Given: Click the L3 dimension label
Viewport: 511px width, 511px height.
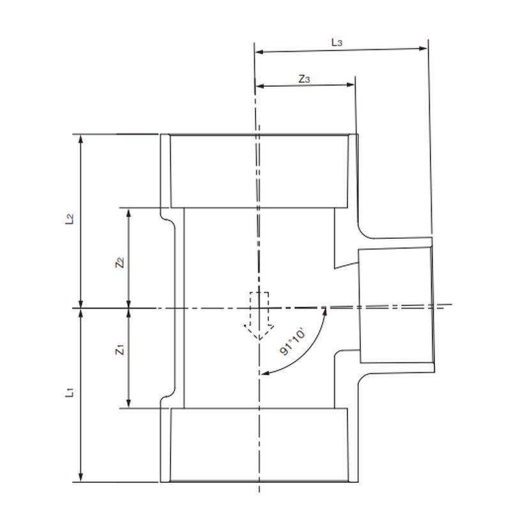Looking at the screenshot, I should pos(337,42).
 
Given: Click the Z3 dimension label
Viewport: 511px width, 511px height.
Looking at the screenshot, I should pos(305,79).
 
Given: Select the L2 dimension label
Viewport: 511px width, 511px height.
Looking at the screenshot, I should pos(71,220).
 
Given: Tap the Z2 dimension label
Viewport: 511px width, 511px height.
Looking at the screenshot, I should pos(119,262).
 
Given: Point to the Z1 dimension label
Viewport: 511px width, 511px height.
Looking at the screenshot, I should pos(119,350).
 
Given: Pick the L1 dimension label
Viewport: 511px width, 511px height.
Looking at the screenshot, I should pos(71,392).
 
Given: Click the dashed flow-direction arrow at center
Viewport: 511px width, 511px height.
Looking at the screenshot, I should pos(259,316).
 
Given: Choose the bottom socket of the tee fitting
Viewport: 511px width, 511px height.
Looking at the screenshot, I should pos(259,445).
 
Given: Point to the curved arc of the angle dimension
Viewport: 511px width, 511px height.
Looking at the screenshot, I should pos(306,355).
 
